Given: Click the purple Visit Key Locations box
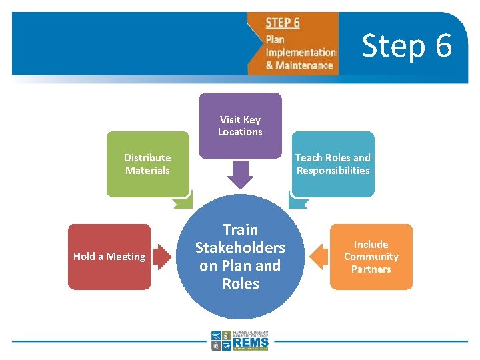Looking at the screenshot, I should pyautogui.click(x=240, y=125).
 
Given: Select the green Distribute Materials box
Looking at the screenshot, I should pyautogui.click(x=147, y=164).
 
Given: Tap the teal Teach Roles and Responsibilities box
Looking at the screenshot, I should pyautogui.click(x=333, y=164).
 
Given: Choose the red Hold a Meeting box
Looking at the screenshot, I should pyautogui.click(x=109, y=257).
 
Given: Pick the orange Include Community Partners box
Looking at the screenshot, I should pyautogui.click(x=371, y=257).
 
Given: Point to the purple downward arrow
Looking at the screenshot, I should pyautogui.click(x=240, y=174).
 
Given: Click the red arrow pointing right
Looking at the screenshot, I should pyautogui.click(x=161, y=257).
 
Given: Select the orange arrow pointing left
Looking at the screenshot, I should pyautogui.click(x=319, y=257).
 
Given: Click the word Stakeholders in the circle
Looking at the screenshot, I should pyautogui.click(x=240, y=247).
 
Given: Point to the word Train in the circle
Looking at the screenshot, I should pyautogui.click(x=240, y=229).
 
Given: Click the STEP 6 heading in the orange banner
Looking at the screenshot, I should pyautogui.click(x=283, y=23).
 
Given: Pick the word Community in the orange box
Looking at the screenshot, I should pyautogui.click(x=371, y=257).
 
